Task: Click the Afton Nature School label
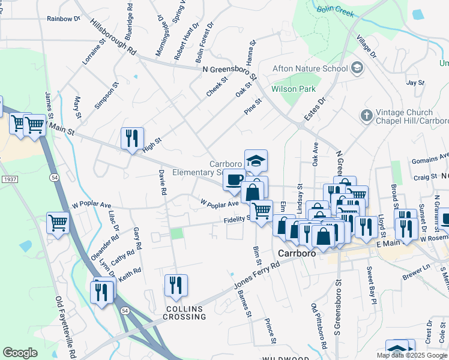tap(310, 68)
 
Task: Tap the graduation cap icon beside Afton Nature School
tap(358, 68)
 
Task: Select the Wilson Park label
tap(294, 89)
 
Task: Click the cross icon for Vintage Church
tap(366, 115)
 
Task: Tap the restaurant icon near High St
tap(130, 139)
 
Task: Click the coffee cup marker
tap(234, 179)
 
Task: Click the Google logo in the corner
tap(20, 353)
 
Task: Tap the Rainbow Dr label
tap(64, 19)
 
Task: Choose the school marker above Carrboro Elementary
tap(256, 161)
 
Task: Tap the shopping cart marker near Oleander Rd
tap(58, 223)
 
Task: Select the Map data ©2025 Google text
tap(412, 355)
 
